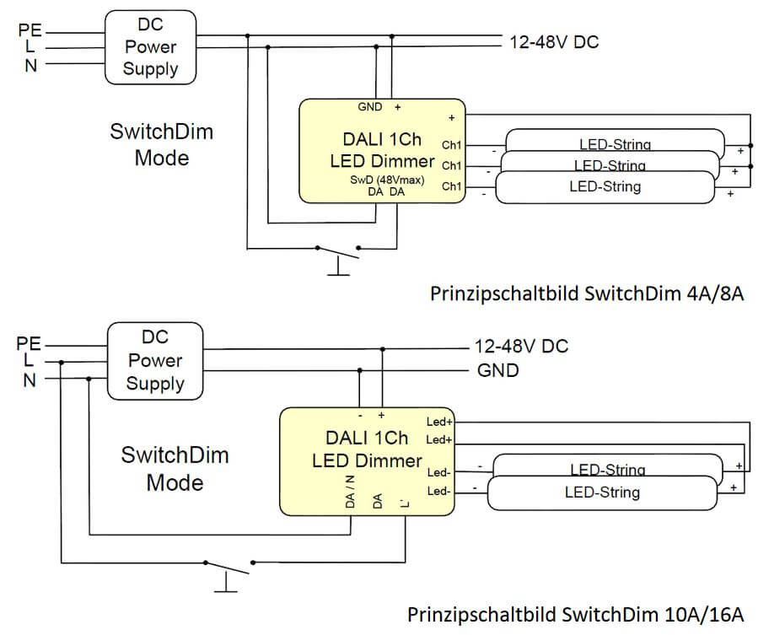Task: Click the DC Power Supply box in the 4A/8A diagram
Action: point(151,47)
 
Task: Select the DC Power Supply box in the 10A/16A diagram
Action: point(154,360)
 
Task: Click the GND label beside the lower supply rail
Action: point(497,370)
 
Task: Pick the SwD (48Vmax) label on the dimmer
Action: point(387,180)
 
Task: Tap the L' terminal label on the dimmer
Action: point(406,503)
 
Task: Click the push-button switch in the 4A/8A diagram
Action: point(337,253)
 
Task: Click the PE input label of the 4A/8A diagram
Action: point(30,31)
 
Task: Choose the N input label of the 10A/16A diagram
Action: point(30,379)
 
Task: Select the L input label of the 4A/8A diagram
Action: point(30,48)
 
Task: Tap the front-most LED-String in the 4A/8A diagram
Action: point(605,187)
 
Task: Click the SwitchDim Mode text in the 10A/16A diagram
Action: point(175,469)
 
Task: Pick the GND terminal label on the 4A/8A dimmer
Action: point(369,107)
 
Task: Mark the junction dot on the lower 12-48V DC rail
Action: point(383,348)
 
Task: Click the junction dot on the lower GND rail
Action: point(360,370)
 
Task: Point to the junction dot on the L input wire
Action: point(62,362)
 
